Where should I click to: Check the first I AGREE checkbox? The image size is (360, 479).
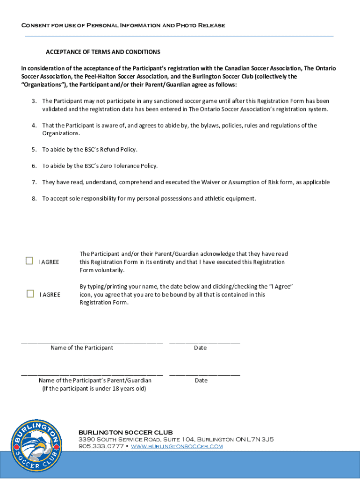[29, 261]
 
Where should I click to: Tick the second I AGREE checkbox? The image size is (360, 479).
[30, 294]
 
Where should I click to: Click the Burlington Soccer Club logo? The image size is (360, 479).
[36, 446]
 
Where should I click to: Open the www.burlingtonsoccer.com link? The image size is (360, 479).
[177, 446]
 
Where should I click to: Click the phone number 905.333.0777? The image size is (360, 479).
[101, 446]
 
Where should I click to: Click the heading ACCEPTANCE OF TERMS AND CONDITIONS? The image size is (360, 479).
[103, 52]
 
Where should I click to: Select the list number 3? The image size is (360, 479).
[34, 101]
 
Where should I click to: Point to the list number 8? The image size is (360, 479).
[34, 198]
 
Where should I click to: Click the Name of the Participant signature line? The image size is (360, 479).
[92, 342]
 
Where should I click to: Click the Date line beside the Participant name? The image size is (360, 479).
[204, 342]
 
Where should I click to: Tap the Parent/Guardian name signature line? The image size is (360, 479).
[92, 374]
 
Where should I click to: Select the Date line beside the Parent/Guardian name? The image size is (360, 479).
[204, 374]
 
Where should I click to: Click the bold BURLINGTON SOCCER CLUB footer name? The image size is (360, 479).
[125, 432]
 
